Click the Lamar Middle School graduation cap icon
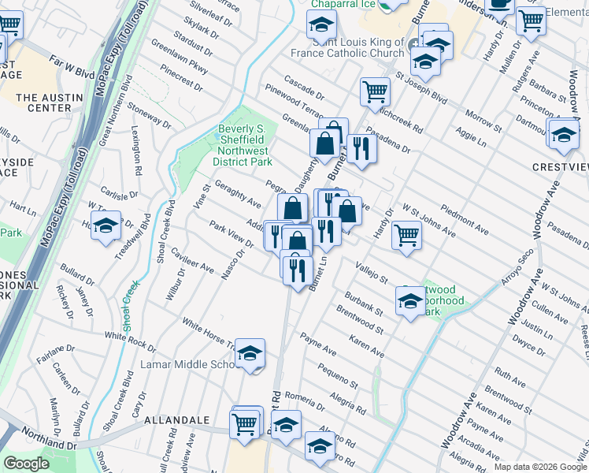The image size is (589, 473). point(250,354)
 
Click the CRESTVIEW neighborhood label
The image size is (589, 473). point(559,167)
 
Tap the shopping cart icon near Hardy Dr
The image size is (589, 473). point(406,233)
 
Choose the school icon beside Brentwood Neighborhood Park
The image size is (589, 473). point(410,301)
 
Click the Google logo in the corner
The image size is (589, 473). point(27,464)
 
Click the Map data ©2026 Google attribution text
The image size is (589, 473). point(540,466)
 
